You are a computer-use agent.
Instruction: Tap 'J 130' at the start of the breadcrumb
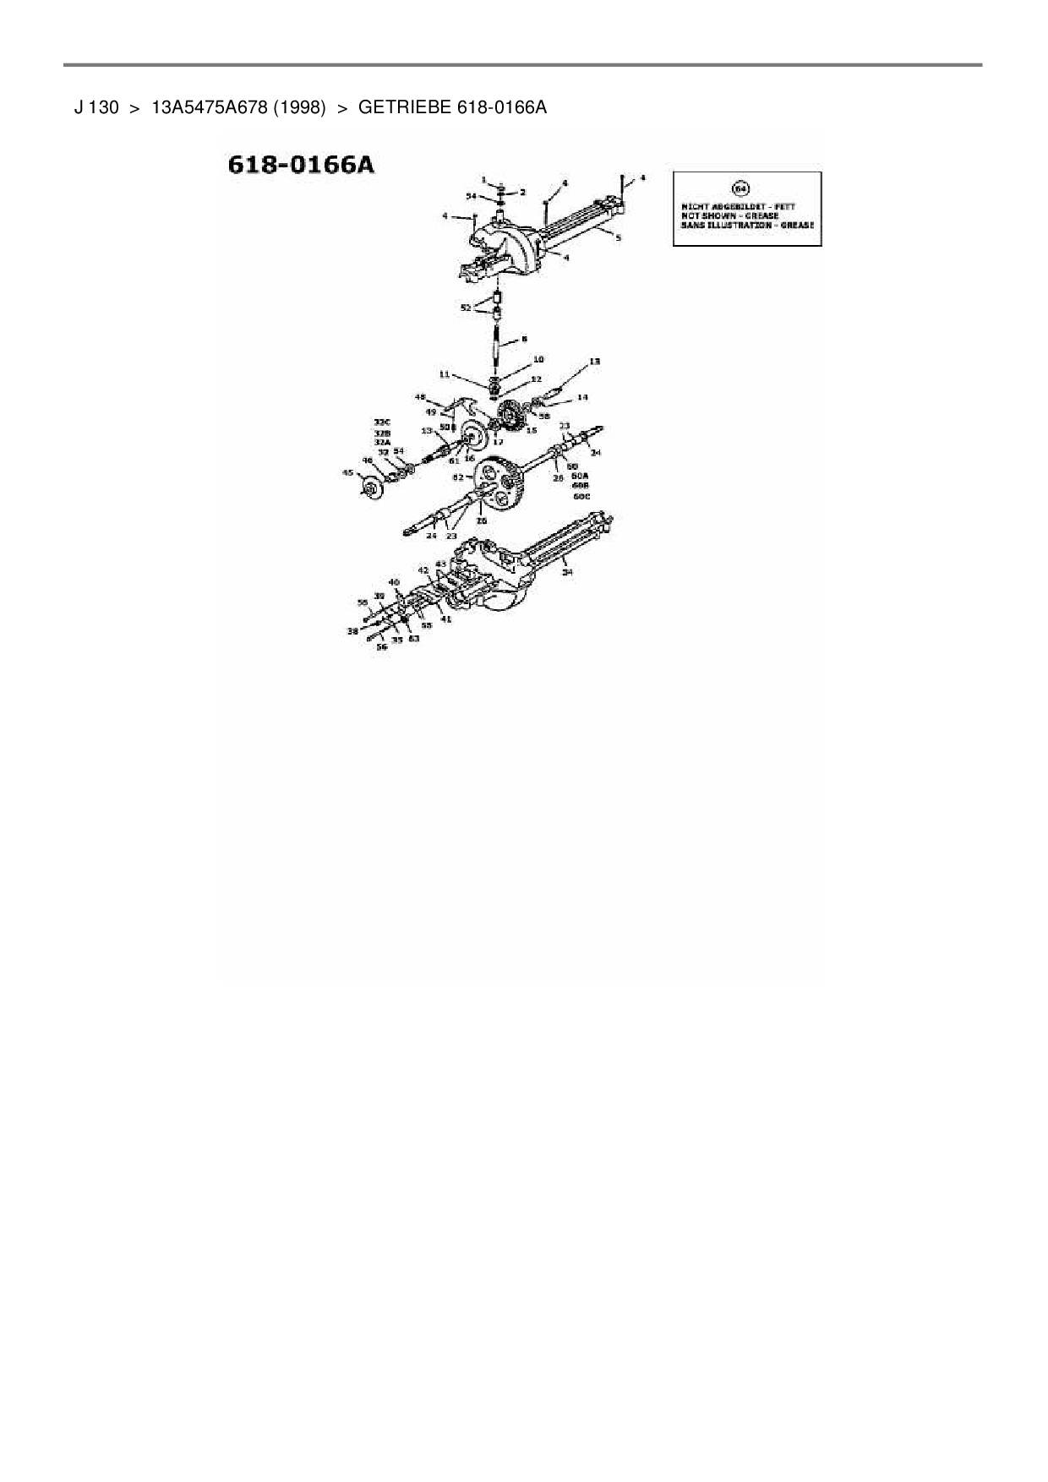[96, 108]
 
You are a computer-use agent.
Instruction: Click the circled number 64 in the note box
[744, 188]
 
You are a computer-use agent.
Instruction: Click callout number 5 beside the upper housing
[618, 238]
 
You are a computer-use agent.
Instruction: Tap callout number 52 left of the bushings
[466, 308]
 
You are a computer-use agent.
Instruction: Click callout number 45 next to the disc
[347, 473]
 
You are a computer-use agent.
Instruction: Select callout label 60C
[581, 496]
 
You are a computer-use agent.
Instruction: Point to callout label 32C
[383, 422]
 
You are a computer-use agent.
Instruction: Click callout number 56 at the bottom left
[382, 647]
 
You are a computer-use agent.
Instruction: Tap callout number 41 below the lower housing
[446, 619]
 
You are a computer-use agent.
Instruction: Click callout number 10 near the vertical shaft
[538, 360]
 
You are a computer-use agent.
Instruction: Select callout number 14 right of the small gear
[582, 396]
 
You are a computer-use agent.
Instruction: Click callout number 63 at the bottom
[413, 639]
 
